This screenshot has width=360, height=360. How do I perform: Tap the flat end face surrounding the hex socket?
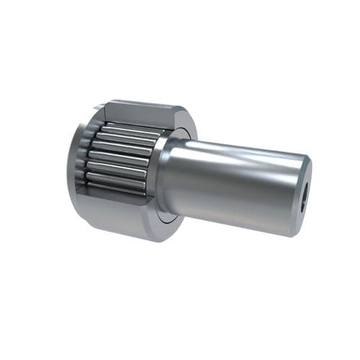coord(302,173)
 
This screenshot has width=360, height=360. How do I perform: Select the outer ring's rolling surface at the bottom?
coord(115,227)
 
